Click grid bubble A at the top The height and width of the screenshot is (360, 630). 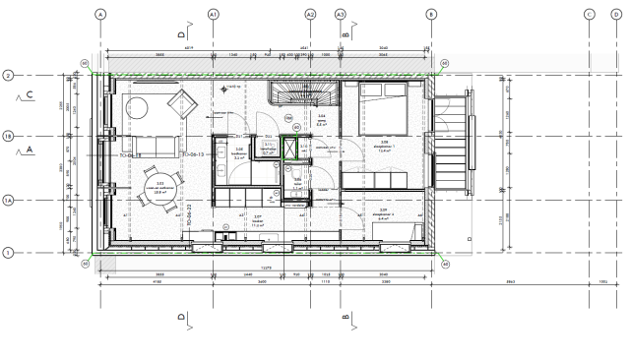[x=100, y=14]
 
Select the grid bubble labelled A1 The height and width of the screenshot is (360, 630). [x=214, y=14]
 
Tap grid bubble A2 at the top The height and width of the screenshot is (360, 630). [x=310, y=14]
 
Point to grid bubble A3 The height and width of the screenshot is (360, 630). [x=341, y=14]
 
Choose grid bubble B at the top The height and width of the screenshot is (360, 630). [x=430, y=14]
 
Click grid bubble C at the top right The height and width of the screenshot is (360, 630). [x=589, y=14]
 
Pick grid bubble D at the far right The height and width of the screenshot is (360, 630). [x=618, y=14]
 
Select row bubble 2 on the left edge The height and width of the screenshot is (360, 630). [x=8, y=75]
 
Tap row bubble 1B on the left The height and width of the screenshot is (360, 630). [x=8, y=137]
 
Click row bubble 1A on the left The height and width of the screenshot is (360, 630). [x=8, y=200]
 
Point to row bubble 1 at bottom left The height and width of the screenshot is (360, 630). [x=8, y=253]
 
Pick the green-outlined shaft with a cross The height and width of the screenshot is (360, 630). [x=291, y=149]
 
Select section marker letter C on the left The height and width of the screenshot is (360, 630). [x=31, y=95]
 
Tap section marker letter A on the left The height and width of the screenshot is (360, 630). [x=31, y=150]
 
